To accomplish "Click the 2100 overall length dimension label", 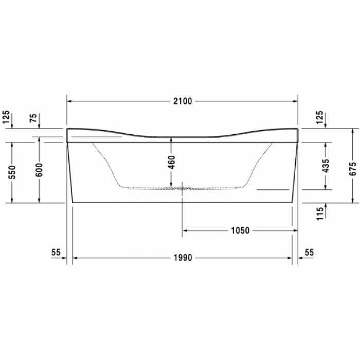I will (x=183, y=101).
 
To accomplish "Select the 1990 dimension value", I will (x=183, y=258).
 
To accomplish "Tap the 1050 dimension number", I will (x=240, y=230).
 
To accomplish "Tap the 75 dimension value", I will (x=34, y=119).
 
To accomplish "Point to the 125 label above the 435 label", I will (x=320, y=118).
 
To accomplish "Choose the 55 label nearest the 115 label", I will (x=309, y=253).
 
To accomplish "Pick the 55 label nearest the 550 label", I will (x=56, y=253).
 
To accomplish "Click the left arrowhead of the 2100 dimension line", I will (x=70, y=101).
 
